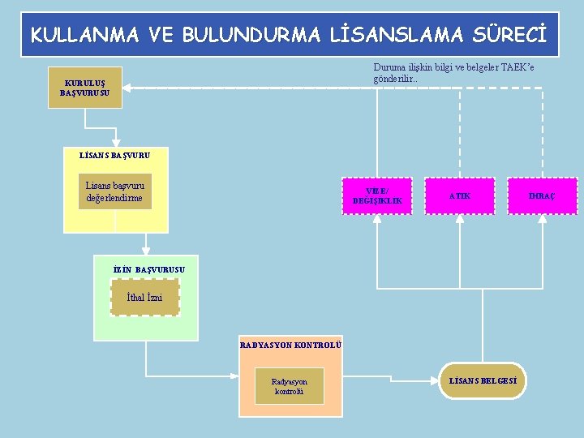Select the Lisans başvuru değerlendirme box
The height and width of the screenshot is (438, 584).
tap(114, 191)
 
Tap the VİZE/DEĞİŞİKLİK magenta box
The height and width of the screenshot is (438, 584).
tap(377, 196)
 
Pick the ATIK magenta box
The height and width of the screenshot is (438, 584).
tap(460, 196)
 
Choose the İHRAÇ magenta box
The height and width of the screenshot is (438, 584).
tap(542, 196)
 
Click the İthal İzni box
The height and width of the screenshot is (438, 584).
tap(144, 298)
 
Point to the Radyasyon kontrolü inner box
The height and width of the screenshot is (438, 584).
tap(290, 386)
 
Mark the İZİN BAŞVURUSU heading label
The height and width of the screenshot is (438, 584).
tap(150, 268)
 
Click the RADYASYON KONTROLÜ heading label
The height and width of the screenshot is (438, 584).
tap(290, 345)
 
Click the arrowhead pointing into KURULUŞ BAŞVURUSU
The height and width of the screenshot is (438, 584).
tap(128, 88)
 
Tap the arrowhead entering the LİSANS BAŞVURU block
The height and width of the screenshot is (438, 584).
tap(116, 141)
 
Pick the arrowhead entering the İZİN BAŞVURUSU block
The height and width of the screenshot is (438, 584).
tap(146, 250)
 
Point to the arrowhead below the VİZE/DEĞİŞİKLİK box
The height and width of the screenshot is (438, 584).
tap(377, 221)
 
